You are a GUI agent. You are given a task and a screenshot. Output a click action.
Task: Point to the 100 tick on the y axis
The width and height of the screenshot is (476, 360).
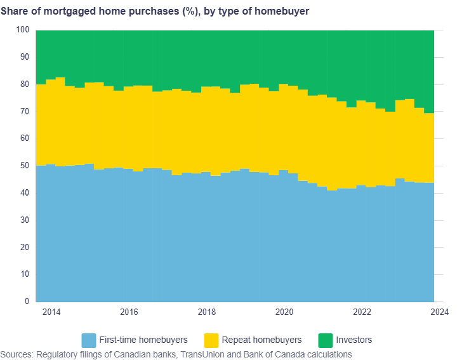click(23, 30)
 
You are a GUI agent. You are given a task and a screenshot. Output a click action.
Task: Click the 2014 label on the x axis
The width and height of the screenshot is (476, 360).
click(51, 312)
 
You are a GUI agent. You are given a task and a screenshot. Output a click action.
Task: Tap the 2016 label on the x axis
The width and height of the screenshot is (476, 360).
click(129, 312)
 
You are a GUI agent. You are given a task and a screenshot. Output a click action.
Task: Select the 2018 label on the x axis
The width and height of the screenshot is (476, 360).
click(207, 312)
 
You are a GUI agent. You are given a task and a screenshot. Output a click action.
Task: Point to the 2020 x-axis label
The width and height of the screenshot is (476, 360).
click(284, 312)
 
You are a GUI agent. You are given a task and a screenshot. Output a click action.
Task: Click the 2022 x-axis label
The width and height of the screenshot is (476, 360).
click(362, 312)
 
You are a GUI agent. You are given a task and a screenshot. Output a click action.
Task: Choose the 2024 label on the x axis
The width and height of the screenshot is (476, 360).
click(439, 312)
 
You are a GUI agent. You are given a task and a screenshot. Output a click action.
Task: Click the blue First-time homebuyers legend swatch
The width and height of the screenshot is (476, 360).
click(89, 340)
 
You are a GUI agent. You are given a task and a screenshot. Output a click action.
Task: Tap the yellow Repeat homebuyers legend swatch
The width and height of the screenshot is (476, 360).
click(211, 340)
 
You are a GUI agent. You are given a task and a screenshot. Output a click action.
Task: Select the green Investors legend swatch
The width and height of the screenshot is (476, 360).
click(326, 340)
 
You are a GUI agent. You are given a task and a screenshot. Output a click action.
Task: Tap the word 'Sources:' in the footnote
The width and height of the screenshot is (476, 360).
click(18, 354)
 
